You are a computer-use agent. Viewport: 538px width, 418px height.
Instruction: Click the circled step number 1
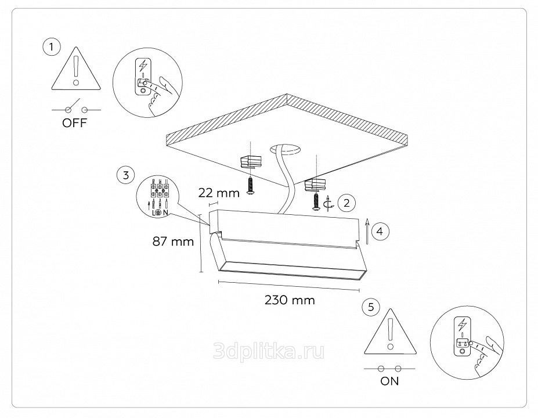click(x=52, y=46)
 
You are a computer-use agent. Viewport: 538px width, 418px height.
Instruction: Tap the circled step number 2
click(x=346, y=203)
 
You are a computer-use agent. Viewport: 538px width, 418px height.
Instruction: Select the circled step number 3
click(x=125, y=175)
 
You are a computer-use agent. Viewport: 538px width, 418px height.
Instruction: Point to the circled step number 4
click(x=380, y=231)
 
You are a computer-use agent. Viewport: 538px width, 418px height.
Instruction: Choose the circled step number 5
click(x=371, y=307)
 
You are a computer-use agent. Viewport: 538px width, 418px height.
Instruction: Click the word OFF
click(x=75, y=123)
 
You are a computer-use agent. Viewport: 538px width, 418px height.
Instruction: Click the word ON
click(x=389, y=381)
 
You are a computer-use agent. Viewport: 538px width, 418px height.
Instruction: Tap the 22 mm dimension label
click(x=219, y=193)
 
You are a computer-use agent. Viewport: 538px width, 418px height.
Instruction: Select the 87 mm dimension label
click(x=173, y=242)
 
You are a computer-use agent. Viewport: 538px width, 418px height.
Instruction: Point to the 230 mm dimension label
click(x=290, y=300)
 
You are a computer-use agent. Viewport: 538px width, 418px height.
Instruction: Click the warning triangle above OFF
click(x=77, y=69)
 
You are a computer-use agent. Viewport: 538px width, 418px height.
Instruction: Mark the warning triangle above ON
click(x=390, y=331)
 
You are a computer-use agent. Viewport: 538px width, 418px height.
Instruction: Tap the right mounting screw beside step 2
click(x=316, y=201)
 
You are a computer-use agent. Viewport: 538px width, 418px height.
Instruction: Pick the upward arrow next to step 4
click(x=367, y=231)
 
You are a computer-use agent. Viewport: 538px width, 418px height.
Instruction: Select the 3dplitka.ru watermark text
click(x=269, y=351)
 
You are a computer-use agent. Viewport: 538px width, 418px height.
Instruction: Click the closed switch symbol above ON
click(x=389, y=369)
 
